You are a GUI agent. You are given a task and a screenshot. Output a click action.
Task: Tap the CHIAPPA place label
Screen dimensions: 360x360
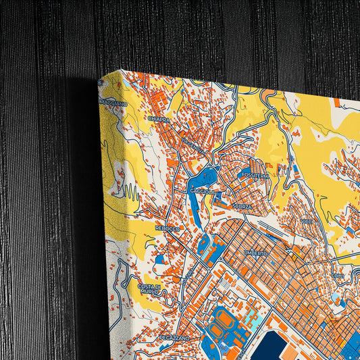coord(158,119)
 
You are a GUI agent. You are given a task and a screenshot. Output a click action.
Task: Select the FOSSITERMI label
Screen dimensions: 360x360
coord(255,176)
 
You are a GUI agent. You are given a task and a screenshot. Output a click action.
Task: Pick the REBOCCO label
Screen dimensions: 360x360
coord(167,228)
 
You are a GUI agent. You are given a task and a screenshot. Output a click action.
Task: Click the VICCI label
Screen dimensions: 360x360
coord(307,221)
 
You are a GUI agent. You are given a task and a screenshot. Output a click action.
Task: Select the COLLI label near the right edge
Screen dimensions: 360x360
coord(338,276)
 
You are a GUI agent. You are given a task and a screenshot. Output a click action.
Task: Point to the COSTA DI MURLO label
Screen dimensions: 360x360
coord(149,289)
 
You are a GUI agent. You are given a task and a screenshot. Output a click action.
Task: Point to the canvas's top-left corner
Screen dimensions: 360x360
coord(101,79)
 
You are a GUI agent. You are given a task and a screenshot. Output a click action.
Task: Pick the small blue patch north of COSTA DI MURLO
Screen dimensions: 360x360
coord(159,259)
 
